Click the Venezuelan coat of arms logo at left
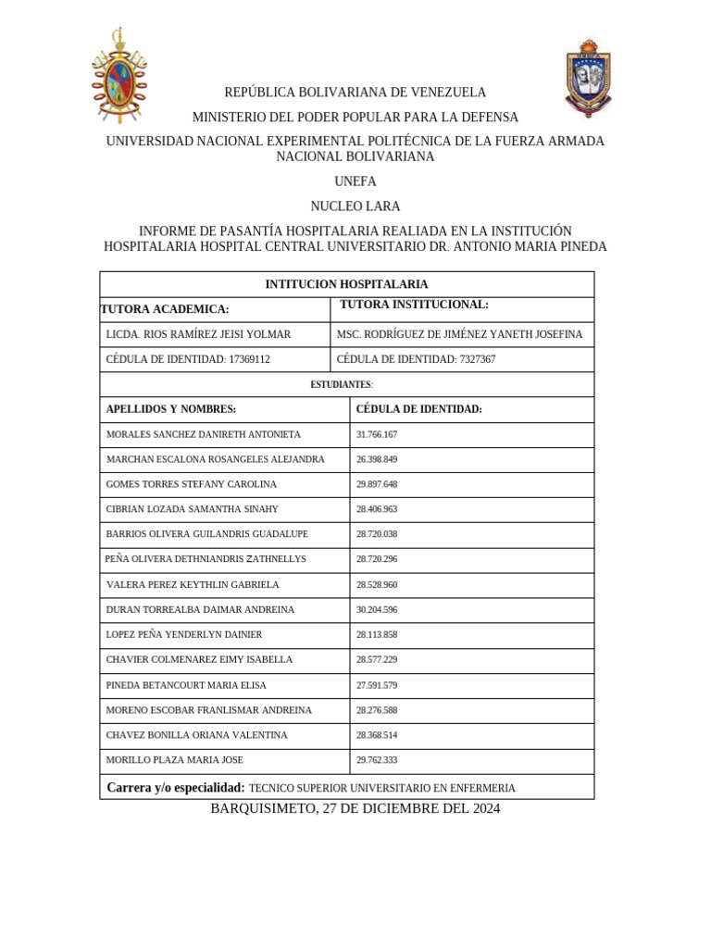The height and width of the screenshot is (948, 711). point(118,77)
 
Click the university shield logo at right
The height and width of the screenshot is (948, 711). point(588,77)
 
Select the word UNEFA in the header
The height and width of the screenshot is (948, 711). point(355,181)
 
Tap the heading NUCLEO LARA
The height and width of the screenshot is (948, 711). point(355,206)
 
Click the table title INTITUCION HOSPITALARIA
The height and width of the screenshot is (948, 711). point(346,284)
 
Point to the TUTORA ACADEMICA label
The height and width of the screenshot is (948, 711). point(165,309)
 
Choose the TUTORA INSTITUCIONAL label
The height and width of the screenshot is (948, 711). point(414,305)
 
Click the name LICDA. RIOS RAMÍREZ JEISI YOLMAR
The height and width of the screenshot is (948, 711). point(198,334)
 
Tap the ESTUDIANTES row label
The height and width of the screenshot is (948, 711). point(342,384)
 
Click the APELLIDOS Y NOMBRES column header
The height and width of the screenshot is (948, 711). point(171,409)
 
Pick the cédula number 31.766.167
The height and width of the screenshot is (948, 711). point(376,434)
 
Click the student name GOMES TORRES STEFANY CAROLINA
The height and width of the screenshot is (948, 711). point(192,484)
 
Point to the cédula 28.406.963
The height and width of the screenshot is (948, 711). point(376,509)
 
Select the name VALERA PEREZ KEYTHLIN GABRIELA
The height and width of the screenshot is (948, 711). point(193,585)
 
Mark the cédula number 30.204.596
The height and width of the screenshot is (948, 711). point(376,610)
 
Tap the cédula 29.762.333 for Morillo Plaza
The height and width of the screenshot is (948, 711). point(376,760)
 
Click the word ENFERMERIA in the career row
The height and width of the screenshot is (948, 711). point(479,789)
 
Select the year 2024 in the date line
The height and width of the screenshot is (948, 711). point(483,808)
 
